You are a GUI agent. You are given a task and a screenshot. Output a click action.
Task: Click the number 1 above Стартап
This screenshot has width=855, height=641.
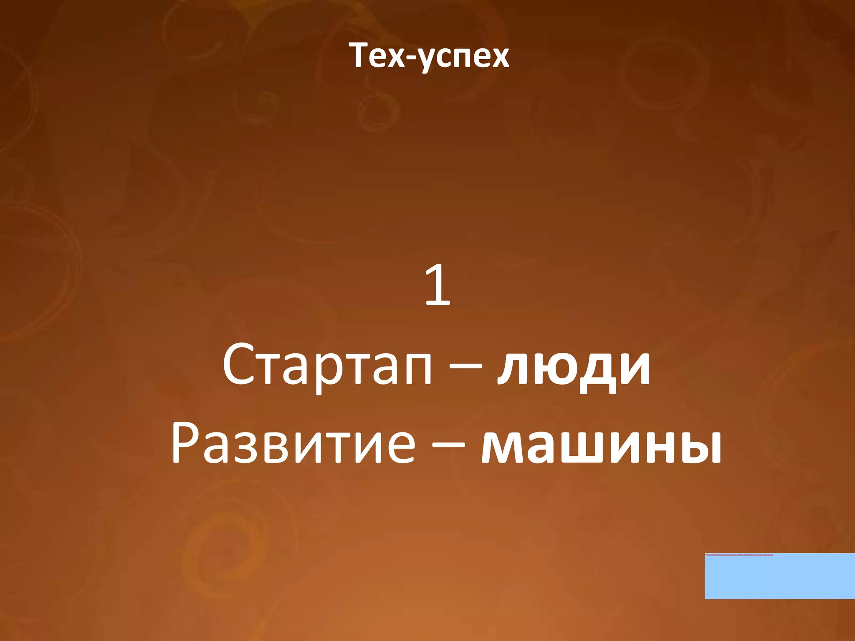pos(438,286)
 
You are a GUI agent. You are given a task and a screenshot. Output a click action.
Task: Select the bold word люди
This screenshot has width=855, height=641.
pos(574,367)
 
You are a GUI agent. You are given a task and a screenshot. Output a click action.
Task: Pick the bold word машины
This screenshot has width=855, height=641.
pos(602,444)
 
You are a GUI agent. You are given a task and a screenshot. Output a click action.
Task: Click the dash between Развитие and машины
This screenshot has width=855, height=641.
pos(448,445)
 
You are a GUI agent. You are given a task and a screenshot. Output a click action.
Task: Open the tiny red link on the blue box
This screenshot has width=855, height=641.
pos(739,555)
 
